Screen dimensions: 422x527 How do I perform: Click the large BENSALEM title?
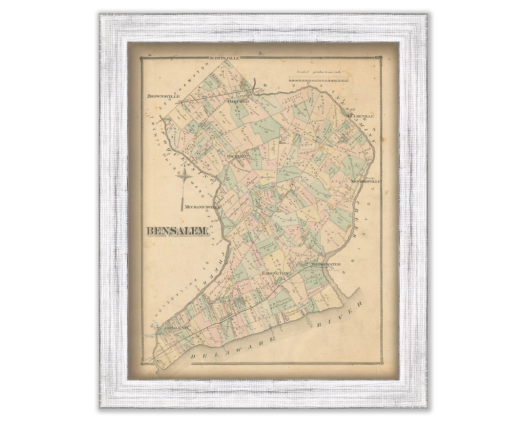pos(178,231)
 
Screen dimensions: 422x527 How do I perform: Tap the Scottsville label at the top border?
pos(224,58)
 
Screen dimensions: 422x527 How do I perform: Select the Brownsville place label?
pos(163,97)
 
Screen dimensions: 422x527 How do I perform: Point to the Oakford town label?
pos(238,102)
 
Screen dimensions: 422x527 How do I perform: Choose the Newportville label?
pos(365,181)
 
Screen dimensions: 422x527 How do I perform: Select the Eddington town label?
pos(276,274)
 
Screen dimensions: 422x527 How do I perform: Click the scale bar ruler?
pos(319,79)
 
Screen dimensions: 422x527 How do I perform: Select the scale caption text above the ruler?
pos(319,71)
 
